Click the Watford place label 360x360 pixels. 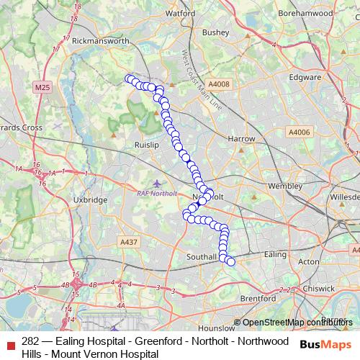[x=180, y=13]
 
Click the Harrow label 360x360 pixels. [x=241, y=138]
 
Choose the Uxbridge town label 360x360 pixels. [x=91, y=199]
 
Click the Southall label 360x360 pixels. [x=202, y=256]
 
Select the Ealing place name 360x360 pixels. [x=276, y=254]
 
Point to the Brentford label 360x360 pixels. [x=258, y=297]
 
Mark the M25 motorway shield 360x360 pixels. [x=43, y=87]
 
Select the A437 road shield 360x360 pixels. [x=129, y=242]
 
